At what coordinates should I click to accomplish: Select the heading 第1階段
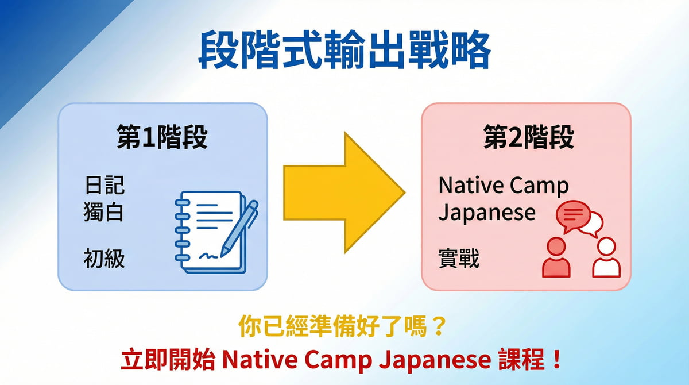coord(162,138)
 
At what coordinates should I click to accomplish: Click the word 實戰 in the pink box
coord(459,260)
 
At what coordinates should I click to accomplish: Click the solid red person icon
coord(556,258)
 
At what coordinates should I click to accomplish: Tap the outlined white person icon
coord(606,258)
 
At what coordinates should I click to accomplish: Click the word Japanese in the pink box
coord(487,213)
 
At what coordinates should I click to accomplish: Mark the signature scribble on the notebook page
coord(210,253)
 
